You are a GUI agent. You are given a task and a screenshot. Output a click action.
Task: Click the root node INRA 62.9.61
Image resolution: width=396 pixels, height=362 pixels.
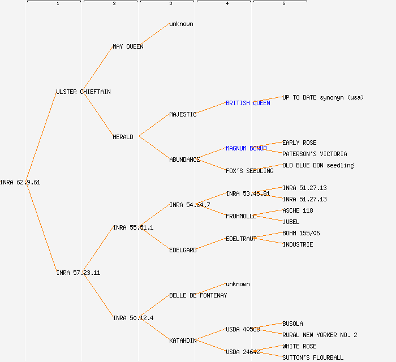[20, 182]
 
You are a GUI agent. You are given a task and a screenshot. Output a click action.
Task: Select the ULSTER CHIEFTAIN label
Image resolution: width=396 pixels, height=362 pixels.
[83, 92]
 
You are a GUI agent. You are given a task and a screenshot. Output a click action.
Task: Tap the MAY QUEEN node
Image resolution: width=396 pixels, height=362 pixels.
[128, 46]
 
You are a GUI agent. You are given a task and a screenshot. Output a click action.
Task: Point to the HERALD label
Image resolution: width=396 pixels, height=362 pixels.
[123, 137]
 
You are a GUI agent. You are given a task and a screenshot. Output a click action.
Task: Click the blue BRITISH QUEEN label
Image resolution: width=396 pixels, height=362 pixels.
[248, 103]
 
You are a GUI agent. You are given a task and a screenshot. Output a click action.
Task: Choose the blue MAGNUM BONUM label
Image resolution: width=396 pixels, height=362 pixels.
[246, 148]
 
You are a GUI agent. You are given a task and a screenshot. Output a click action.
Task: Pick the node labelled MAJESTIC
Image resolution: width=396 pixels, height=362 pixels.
[183, 114]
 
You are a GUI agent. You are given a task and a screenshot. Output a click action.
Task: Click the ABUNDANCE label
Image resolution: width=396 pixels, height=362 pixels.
[184, 160]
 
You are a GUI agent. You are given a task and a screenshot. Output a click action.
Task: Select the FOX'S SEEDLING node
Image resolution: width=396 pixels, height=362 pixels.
[249, 171]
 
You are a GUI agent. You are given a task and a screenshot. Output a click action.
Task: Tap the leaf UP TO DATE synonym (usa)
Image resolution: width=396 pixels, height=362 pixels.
[323, 97]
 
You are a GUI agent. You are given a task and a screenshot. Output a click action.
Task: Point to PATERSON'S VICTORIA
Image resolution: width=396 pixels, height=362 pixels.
[315, 154]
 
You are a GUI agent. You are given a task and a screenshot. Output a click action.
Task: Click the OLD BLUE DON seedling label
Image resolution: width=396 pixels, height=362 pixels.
[318, 165]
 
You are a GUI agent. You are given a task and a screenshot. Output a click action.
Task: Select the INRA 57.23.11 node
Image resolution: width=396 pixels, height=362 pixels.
[78, 273]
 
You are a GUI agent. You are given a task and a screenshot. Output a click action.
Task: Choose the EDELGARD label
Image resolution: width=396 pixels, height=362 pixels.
[183, 250]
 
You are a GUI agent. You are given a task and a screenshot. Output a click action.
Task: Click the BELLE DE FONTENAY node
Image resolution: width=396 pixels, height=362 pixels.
[198, 295]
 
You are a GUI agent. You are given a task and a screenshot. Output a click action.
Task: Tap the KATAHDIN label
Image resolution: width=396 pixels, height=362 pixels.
[183, 341]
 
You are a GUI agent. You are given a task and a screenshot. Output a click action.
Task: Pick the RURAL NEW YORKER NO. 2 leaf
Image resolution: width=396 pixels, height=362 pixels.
[320, 335]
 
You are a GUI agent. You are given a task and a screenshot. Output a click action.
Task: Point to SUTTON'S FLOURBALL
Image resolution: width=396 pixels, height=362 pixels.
[313, 357]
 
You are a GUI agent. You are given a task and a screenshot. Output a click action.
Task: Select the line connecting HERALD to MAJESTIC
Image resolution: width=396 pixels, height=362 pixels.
[154, 126]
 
